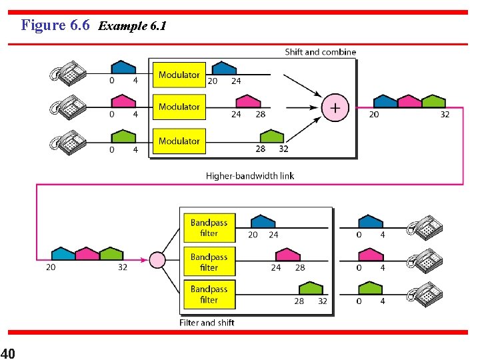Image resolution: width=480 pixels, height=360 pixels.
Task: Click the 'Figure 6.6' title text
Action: [x=55, y=25]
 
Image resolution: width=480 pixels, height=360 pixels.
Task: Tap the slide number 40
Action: [x=9, y=353]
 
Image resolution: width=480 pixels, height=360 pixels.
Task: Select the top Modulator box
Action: [x=179, y=75]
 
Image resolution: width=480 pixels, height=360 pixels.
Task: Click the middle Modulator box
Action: [x=179, y=107]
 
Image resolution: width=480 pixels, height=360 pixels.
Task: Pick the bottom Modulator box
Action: [x=179, y=141]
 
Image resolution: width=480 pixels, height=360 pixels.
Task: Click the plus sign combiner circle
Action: [x=335, y=107]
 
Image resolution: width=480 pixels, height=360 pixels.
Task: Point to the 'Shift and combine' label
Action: [x=320, y=52]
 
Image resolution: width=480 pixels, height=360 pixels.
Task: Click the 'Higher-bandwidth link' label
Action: [x=249, y=176]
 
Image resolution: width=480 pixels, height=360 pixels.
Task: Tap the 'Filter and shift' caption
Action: [x=207, y=323]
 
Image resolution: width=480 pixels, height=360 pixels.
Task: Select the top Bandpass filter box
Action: [x=209, y=228]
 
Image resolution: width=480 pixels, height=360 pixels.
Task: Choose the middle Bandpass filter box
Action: [x=209, y=262]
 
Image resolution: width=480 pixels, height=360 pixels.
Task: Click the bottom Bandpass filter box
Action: [x=209, y=295]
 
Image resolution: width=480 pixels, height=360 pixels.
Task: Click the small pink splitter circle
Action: [x=157, y=259]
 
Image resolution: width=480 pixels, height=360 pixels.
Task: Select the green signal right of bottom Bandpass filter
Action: [x=310, y=288]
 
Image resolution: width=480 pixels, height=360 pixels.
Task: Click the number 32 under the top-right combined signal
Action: [x=445, y=114]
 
